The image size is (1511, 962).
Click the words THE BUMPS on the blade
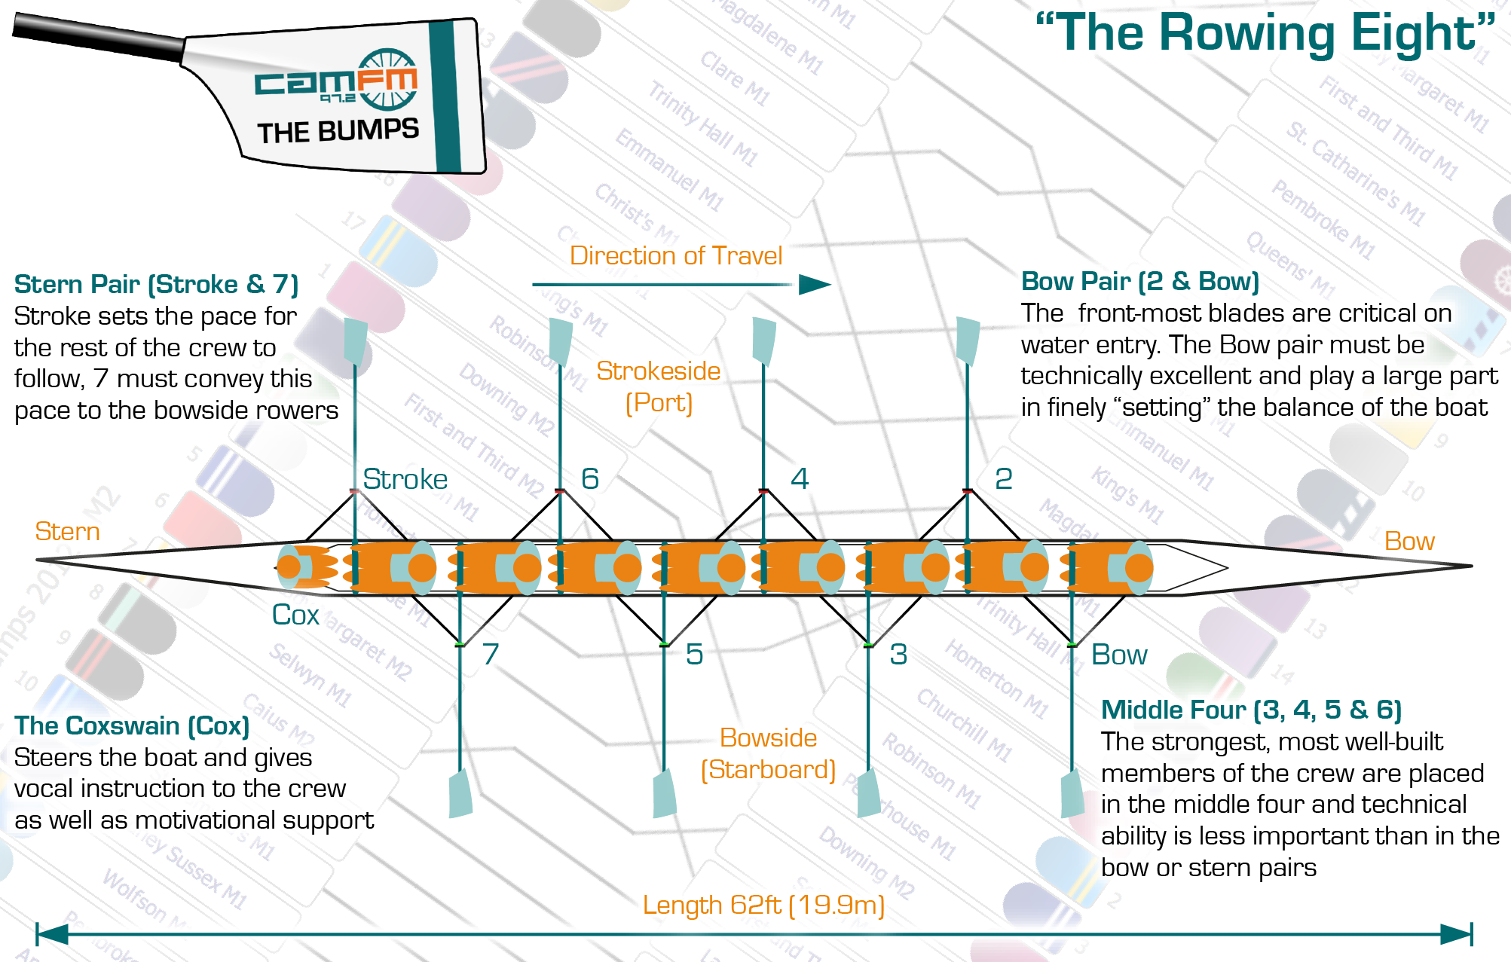[x=338, y=131]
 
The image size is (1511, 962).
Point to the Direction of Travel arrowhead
[x=814, y=285]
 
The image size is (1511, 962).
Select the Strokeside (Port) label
[x=659, y=386]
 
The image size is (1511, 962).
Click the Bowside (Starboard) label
[x=768, y=753]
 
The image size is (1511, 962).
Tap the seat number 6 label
[x=589, y=479]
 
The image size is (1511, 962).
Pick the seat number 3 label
[x=898, y=655]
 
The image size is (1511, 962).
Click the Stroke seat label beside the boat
[x=405, y=480]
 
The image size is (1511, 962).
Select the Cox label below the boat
[x=295, y=615]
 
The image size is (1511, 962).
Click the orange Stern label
[x=67, y=532]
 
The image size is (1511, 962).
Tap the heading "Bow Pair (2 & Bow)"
[x=1139, y=282]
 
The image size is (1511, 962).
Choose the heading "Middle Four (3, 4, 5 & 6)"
[x=1251, y=710]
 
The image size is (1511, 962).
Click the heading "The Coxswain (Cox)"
[x=132, y=725]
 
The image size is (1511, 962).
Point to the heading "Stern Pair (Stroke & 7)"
[x=156, y=285]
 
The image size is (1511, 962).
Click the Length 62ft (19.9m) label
[x=763, y=905]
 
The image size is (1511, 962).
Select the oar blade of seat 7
[x=460, y=793]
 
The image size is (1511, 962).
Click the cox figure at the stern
[x=301, y=567]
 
